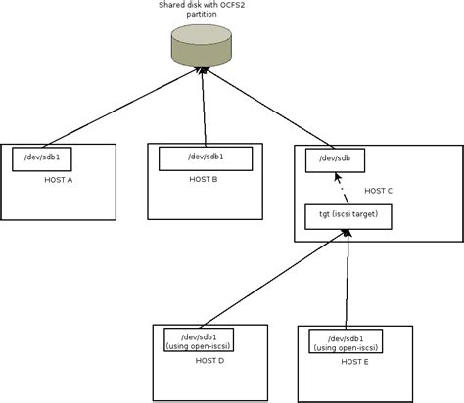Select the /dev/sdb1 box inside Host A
point(41,158)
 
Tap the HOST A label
point(59,180)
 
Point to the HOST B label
point(203,179)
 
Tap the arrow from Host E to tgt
point(346,279)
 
